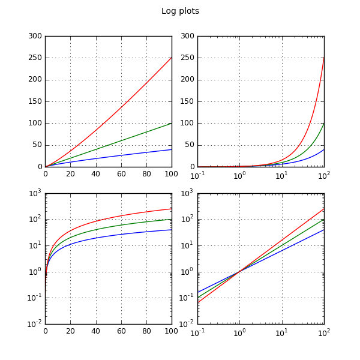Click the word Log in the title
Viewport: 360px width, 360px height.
coord(169,11)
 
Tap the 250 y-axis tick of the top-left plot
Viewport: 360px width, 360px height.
coord(34,58)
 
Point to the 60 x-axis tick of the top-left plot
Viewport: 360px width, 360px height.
coord(121,175)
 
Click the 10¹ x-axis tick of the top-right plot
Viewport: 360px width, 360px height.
coord(281,175)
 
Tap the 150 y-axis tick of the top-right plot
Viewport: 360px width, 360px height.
coord(187,101)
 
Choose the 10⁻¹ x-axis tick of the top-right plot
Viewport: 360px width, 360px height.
coord(197,175)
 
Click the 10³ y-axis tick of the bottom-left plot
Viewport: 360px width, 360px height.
coord(34,193)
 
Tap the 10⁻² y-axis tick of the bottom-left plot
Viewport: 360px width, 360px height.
coord(34,324)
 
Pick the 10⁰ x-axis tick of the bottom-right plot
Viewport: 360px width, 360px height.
coord(239,332)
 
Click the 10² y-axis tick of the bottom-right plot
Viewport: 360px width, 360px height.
coord(187,220)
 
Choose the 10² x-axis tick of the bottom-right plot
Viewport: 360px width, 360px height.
coord(324,332)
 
